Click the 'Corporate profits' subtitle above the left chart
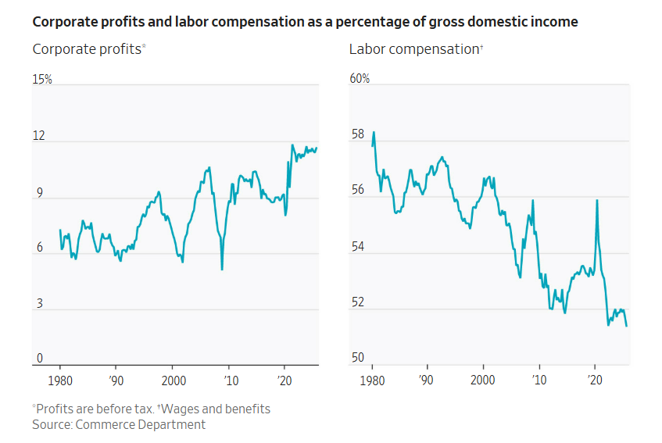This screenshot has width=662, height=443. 88,49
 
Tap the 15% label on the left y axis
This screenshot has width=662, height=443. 42,80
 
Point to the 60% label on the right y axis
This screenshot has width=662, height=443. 360,80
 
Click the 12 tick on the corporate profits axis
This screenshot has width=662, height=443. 38,136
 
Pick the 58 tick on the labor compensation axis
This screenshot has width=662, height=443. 357,135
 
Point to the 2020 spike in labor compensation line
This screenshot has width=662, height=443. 597,200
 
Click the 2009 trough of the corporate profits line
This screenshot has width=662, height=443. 222,269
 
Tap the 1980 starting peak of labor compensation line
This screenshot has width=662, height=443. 374,132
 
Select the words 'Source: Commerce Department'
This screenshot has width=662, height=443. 119,425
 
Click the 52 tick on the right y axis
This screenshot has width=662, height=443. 357,302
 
